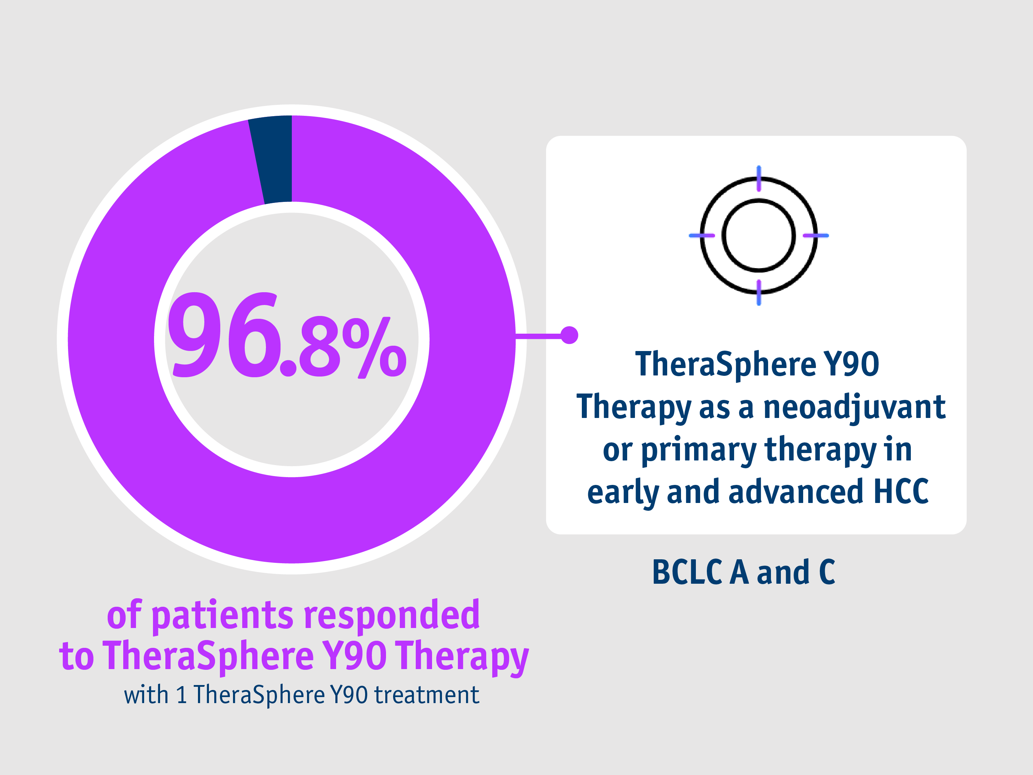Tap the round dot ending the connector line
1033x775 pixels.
click(x=569, y=335)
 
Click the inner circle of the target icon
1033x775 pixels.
click(x=759, y=236)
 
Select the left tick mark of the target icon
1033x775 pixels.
click(x=702, y=236)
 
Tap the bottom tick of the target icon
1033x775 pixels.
click(x=759, y=293)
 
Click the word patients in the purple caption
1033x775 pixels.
click(x=223, y=616)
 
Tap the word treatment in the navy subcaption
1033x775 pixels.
click(x=427, y=695)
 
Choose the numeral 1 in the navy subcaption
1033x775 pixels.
click(x=182, y=695)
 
